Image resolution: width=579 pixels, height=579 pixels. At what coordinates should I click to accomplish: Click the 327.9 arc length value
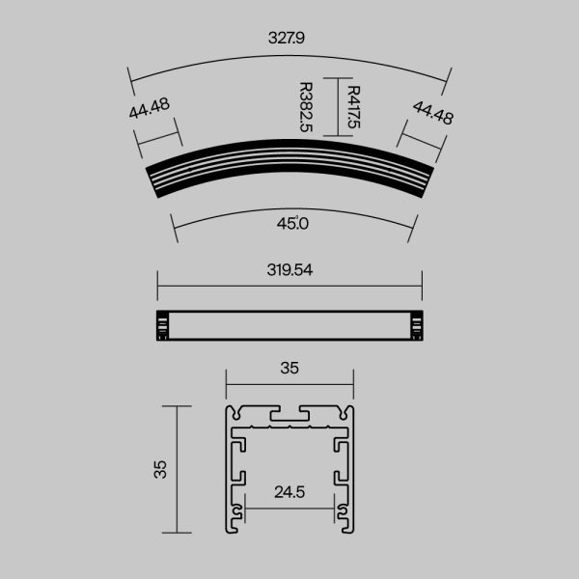(289, 41)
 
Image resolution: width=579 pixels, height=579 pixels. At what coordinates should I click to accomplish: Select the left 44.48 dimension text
(150, 108)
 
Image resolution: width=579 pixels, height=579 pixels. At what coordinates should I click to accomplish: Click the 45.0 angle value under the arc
(291, 223)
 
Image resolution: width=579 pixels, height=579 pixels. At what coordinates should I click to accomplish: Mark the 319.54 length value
(289, 270)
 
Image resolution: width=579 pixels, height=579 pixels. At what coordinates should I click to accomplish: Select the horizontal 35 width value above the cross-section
(289, 368)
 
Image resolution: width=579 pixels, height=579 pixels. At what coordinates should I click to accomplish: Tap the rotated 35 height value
(161, 469)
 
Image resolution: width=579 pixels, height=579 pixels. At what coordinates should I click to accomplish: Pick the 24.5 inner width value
(289, 492)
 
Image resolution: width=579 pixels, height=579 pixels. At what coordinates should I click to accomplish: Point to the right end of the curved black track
(423, 180)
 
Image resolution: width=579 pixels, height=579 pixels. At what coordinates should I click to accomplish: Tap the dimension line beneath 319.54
(289, 286)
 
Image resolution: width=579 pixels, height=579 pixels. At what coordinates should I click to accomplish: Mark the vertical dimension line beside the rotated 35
(177, 469)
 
